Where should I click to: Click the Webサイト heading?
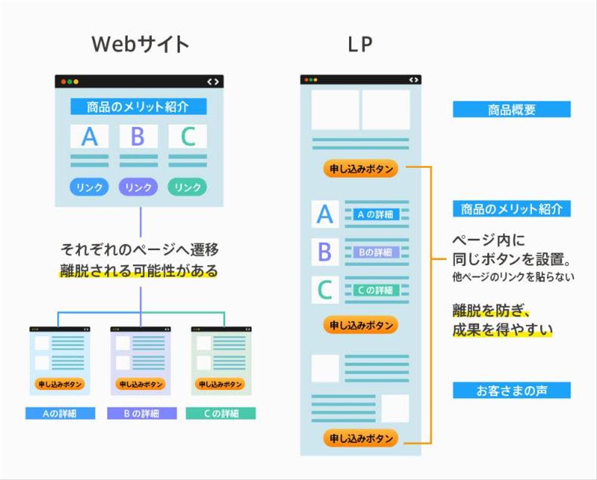[x=140, y=44]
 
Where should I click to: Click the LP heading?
[x=360, y=44]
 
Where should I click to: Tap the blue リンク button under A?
[x=89, y=187]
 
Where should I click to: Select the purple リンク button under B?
[x=138, y=187]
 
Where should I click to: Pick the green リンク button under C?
[x=188, y=187]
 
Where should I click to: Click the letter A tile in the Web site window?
[x=89, y=136]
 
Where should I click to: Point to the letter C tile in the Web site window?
[x=188, y=136]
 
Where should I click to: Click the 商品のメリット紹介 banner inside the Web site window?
[x=138, y=107]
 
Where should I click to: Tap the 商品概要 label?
[x=511, y=109]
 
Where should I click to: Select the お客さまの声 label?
[x=511, y=390]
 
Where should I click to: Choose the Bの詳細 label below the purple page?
[x=142, y=413]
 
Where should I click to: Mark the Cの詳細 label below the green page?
[x=221, y=413]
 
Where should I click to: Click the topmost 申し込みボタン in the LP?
[x=360, y=169]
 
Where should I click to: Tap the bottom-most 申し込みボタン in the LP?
[x=360, y=438]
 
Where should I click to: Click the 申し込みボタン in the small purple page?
[x=140, y=384]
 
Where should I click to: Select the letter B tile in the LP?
[x=324, y=252]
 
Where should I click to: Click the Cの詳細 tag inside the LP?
[x=375, y=290]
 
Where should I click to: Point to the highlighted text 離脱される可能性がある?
[x=139, y=271]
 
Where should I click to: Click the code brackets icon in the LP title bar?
[x=413, y=80]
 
